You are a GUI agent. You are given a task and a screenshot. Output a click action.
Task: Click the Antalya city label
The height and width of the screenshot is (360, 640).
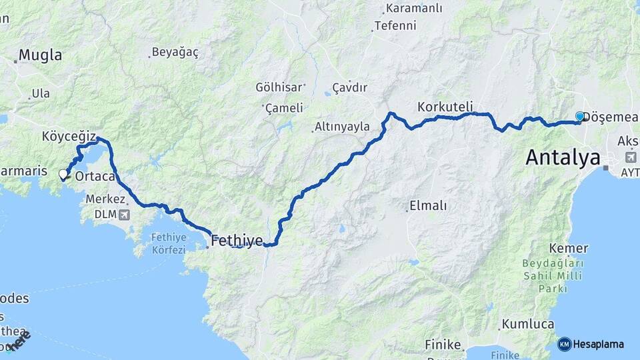point(563,157)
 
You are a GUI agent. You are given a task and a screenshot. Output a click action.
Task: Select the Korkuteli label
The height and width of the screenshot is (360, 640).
point(445,107)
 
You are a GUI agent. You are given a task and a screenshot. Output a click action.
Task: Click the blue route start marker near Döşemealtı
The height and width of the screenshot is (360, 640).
point(579,117)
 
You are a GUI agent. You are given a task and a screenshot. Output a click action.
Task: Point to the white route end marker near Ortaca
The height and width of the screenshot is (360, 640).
point(63,174)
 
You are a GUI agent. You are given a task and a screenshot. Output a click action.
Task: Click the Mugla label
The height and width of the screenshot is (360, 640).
point(40,55)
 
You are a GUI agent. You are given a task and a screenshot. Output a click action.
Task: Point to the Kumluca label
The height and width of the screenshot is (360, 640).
point(528,324)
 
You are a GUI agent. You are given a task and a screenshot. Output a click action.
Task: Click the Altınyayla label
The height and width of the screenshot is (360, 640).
point(343,127)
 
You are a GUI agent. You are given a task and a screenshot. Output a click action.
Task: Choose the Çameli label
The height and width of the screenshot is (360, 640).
point(284,107)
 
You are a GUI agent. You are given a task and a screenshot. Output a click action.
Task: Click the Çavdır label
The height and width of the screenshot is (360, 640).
point(350,87)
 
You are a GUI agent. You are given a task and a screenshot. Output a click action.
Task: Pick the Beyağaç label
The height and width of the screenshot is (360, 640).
point(175,52)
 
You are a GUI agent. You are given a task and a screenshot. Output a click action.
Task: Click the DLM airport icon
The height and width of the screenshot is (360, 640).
point(123,215)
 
